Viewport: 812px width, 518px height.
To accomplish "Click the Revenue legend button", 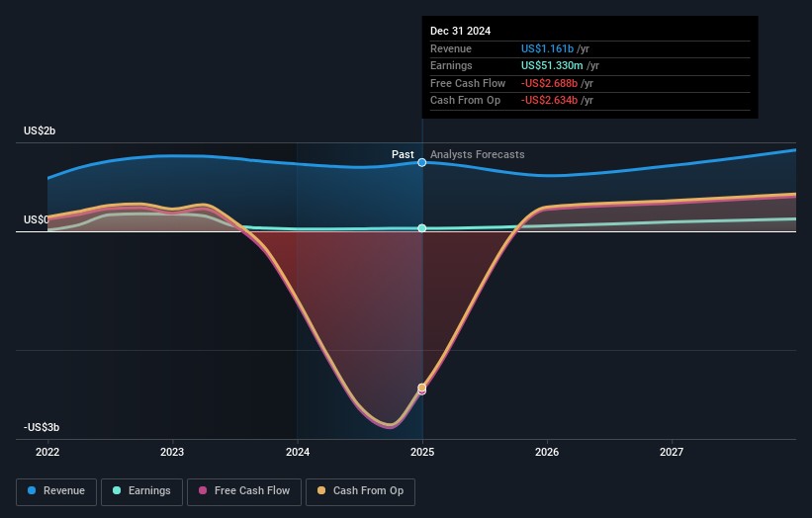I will (x=56, y=491).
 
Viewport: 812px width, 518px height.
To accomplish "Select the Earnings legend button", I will (x=141, y=491).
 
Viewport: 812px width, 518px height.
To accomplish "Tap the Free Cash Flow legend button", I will (x=244, y=491).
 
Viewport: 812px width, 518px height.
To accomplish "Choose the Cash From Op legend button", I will (x=360, y=491).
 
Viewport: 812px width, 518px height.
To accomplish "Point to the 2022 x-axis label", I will (x=47, y=453).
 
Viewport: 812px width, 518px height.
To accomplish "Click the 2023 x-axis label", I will (x=172, y=453).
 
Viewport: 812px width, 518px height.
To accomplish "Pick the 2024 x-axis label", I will (x=297, y=453).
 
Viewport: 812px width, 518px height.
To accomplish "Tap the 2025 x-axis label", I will (x=422, y=453).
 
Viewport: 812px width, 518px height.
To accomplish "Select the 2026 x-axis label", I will (x=547, y=453).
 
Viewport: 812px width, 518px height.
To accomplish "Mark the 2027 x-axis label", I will (x=672, y=453).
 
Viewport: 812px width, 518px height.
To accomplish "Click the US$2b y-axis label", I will (x=41, y=131).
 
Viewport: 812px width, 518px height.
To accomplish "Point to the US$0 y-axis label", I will (x=37, y=219).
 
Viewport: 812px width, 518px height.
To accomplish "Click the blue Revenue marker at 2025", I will (x=422, y=162).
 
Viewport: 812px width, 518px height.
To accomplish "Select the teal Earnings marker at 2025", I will (x=422, y=228).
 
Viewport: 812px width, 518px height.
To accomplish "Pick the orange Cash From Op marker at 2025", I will (x=422, y=388).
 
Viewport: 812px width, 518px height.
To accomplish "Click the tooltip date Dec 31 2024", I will (x=460, y=32).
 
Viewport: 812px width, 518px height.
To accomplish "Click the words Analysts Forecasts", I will (x=478, y=155).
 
